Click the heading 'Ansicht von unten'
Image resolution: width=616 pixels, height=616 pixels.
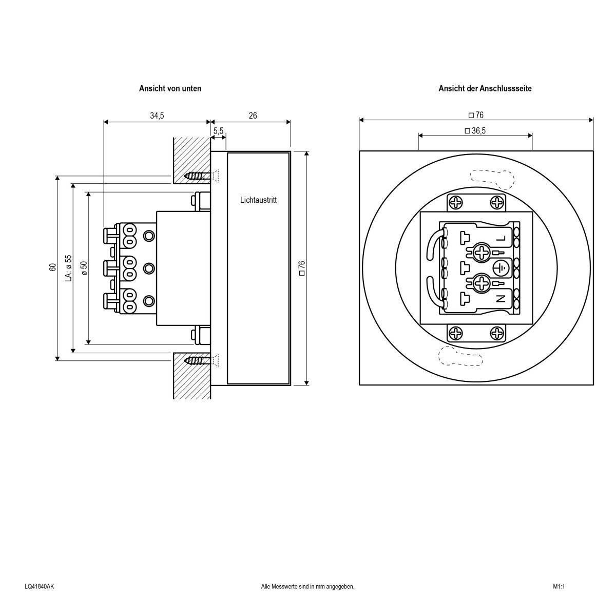tap(170, 88)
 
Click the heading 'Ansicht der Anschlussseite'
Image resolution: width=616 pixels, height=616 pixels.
tap(485, 88)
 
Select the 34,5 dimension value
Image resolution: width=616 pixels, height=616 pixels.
tap(157, 116)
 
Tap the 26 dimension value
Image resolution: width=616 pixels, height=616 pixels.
tap(253, 116)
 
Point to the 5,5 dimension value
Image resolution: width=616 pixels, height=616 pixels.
tap(218, 131)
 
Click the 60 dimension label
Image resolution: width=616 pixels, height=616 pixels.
tap(52, 267)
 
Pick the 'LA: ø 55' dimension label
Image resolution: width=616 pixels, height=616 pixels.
tap(68, 267)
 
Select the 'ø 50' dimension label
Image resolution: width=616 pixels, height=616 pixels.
tap(84, 267)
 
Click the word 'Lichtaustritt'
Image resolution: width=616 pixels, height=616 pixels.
tap(258, 200)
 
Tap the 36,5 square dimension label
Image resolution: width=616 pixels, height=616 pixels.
tap(475, 131)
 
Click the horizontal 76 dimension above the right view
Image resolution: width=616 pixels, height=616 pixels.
tap(476, 115)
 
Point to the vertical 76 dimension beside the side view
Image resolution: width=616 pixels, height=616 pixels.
tap(302, 268)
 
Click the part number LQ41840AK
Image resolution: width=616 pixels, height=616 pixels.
tap(39, 586)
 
